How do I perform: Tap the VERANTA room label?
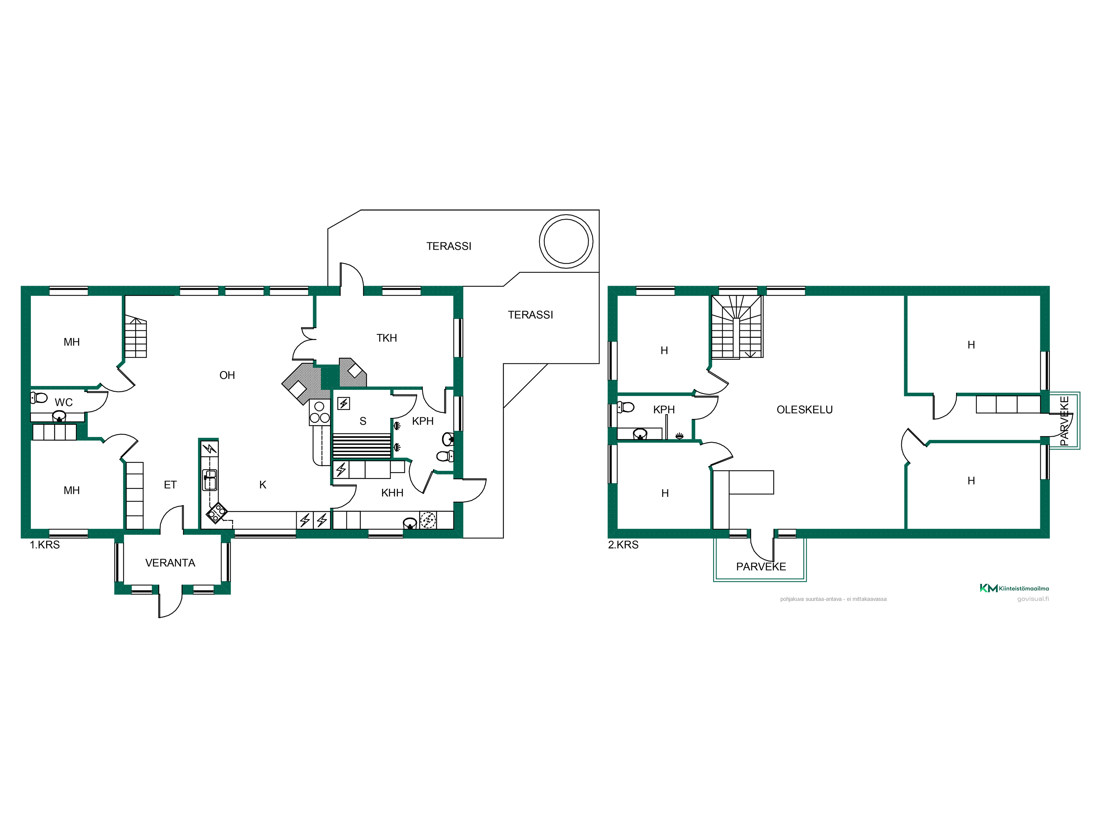point(170,563)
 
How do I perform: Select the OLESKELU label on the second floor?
point(804,410)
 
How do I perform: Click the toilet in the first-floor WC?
point(39,398)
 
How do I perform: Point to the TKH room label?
point(386,338)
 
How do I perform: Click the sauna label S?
point(363,421)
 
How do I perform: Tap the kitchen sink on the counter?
point(210,480)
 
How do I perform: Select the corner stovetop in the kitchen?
point(217,513)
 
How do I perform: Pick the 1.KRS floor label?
point(45,545)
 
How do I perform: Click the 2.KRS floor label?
point(623,545)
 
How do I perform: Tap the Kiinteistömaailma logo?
point(1015,588)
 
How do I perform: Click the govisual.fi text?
point(1033,599)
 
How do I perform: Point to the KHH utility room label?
point(392,493)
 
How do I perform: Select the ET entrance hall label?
point(170,485)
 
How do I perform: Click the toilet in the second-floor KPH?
point(626,407)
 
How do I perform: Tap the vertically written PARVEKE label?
point(1064,421)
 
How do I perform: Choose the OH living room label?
point(227,375)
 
